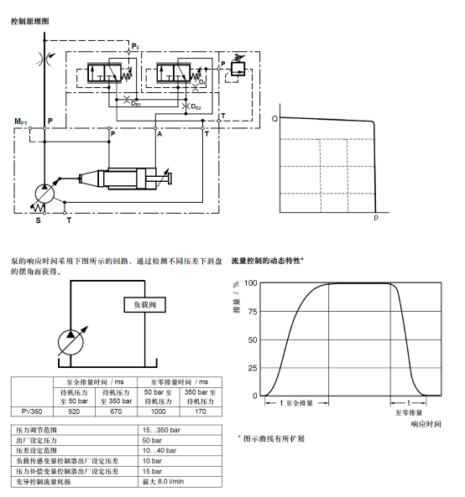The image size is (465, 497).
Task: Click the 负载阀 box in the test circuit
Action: [144, 304]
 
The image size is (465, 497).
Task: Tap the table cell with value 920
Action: [74, 412]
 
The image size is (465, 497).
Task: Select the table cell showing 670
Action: [116, 412]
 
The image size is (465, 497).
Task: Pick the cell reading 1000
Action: [159, 412]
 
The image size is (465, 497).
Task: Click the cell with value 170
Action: [201, 412]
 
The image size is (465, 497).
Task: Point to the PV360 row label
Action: [32, 412]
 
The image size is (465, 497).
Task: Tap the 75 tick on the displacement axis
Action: [253, 312]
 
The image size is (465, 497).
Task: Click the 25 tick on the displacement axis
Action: [253, 368]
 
